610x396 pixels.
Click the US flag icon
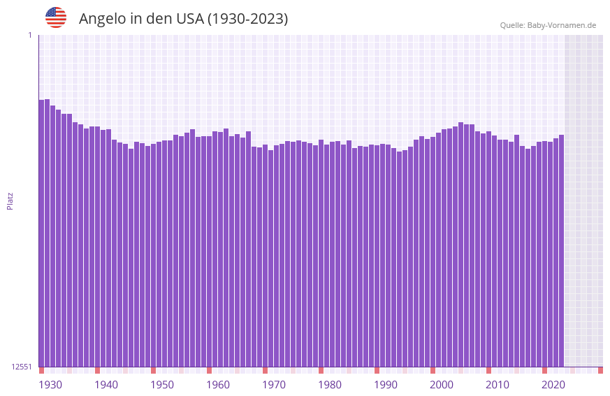point(56,17)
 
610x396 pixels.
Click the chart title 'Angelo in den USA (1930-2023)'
point(183,19)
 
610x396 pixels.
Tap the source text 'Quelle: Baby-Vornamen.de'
point(548,25)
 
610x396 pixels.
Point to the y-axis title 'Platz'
point(10,200)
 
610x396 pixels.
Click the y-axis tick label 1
point(29,35)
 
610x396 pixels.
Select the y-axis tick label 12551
point(22,367)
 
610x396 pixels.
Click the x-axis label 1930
point(50,385)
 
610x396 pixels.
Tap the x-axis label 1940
point(106,385)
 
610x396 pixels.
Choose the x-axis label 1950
point(162,385)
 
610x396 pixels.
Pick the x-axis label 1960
point(218,385)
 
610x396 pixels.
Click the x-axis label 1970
point(274,385)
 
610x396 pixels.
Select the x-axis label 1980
point(330,385)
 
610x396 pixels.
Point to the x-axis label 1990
point(386,385)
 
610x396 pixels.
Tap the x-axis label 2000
point(442,385)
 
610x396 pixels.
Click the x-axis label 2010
point(498,385)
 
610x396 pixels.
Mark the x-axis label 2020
point(553,385)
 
